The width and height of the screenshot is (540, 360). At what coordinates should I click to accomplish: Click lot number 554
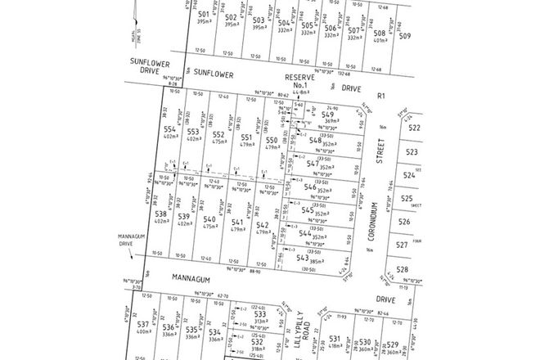pos(169,129)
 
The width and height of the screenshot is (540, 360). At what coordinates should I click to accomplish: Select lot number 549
pos(327,115)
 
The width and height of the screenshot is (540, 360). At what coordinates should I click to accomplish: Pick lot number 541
pos(238,223)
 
